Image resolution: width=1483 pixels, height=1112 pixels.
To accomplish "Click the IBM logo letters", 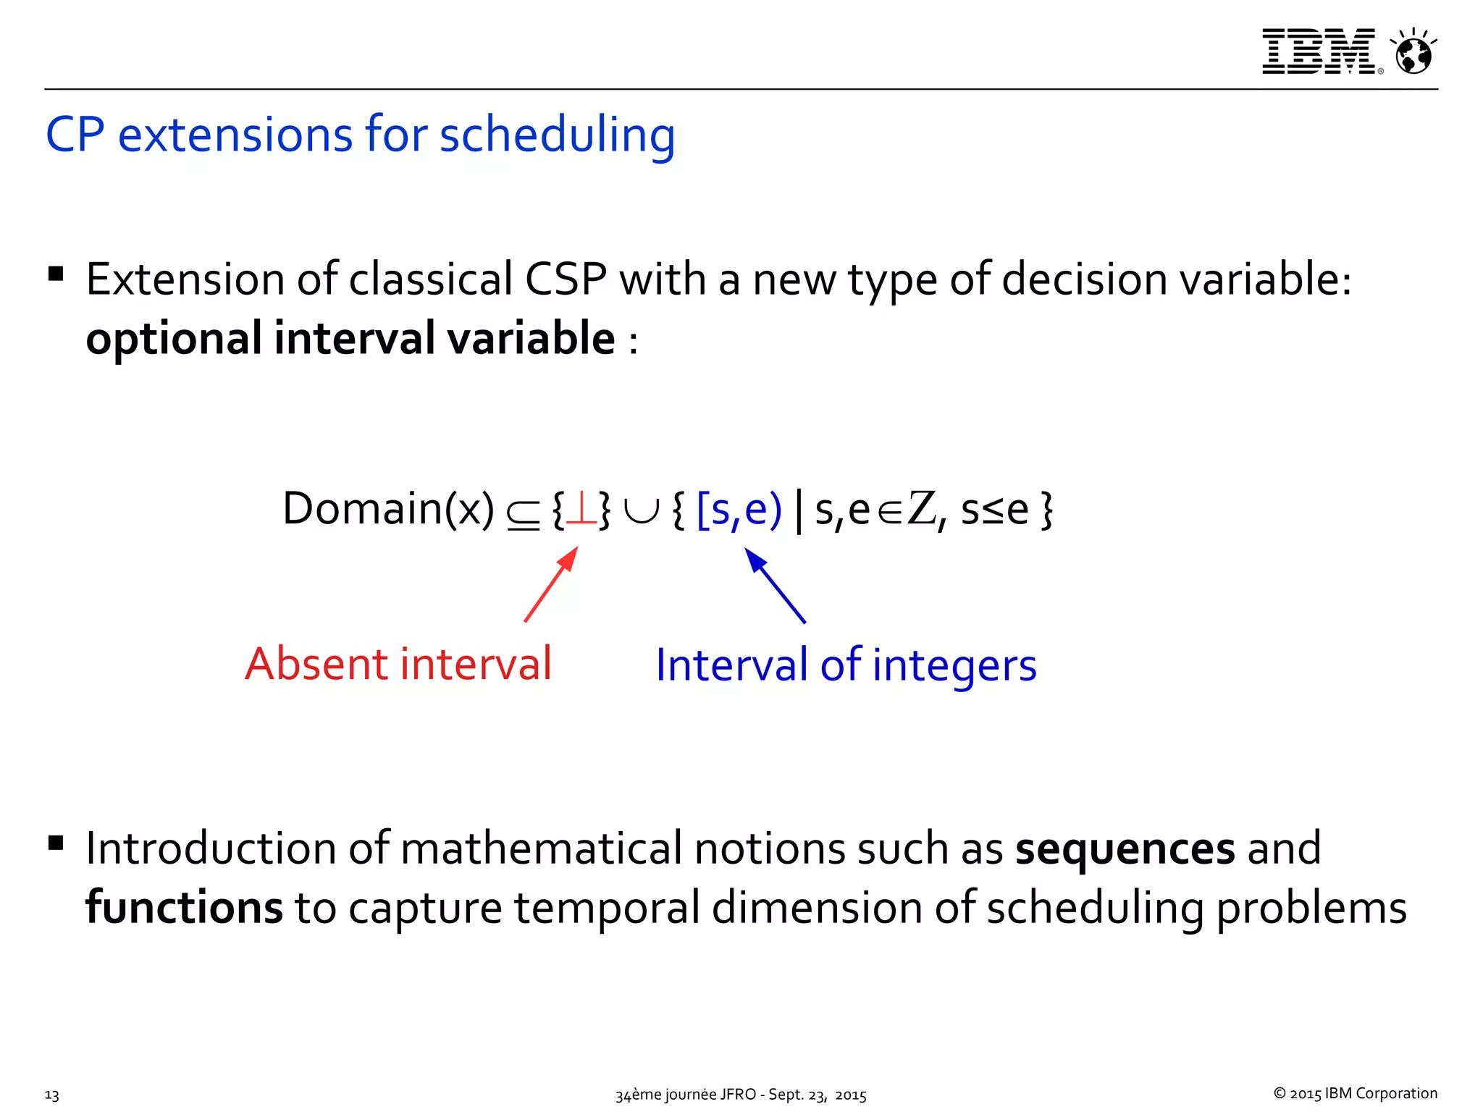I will (x=1318, y=51).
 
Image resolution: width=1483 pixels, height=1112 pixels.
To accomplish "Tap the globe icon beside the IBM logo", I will (x=1413, y=54).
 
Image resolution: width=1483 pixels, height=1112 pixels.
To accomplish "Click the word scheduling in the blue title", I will (x=557, y=135).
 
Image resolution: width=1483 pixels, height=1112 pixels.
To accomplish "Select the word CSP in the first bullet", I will (x=566, y=279).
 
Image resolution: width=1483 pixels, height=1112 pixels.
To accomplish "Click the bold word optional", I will (x=174, y=340).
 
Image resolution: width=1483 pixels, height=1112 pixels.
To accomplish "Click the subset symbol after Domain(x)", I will (x=523, y=514).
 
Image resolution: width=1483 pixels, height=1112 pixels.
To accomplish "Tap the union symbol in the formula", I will (x=641, y=510).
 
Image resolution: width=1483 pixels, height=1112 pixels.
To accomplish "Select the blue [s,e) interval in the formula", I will (x=739, y=510).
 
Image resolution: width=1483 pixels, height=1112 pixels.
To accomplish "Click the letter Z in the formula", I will (x=922, y=508).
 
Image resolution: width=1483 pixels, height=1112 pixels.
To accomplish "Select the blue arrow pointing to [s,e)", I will (x=775, y=586).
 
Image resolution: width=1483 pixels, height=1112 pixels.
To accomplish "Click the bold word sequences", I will (x=1125, y=849).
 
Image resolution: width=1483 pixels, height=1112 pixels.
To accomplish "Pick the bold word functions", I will (x=184, y=908).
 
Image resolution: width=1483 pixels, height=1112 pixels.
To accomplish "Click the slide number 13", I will (x=52, y=1095).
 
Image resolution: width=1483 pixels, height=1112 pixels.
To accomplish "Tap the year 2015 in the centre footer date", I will (x=850, y=1095).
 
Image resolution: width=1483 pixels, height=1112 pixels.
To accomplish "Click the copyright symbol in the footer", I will (x=1280, y=1093).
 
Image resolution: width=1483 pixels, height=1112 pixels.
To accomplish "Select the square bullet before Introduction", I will (x=56, y=843).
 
